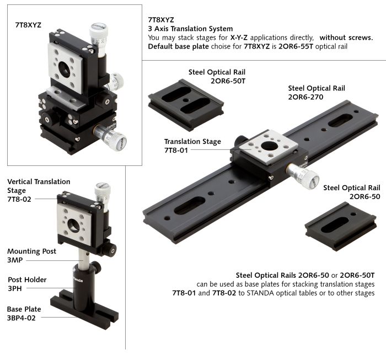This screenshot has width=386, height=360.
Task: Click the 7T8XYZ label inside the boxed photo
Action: pos(28,25)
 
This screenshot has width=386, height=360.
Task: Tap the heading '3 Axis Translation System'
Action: pos(190,29)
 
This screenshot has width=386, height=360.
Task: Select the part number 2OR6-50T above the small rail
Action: pos(228,81)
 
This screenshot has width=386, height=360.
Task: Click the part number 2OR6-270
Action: pos(305,97)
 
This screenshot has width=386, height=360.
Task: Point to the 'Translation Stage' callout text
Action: pos(192,142)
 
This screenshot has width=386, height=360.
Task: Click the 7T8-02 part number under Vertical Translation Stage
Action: pos(19,200)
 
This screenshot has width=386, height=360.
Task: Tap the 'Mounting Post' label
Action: pos(31,251)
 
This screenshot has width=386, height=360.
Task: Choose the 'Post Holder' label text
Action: pos(27,280)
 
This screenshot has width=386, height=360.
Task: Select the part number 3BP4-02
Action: pos(21,318)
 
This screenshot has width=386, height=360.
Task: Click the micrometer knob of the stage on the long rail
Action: pos(303,176)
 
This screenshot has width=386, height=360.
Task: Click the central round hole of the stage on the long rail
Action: pos(269,146)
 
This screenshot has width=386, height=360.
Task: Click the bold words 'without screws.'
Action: pos(346,37)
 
